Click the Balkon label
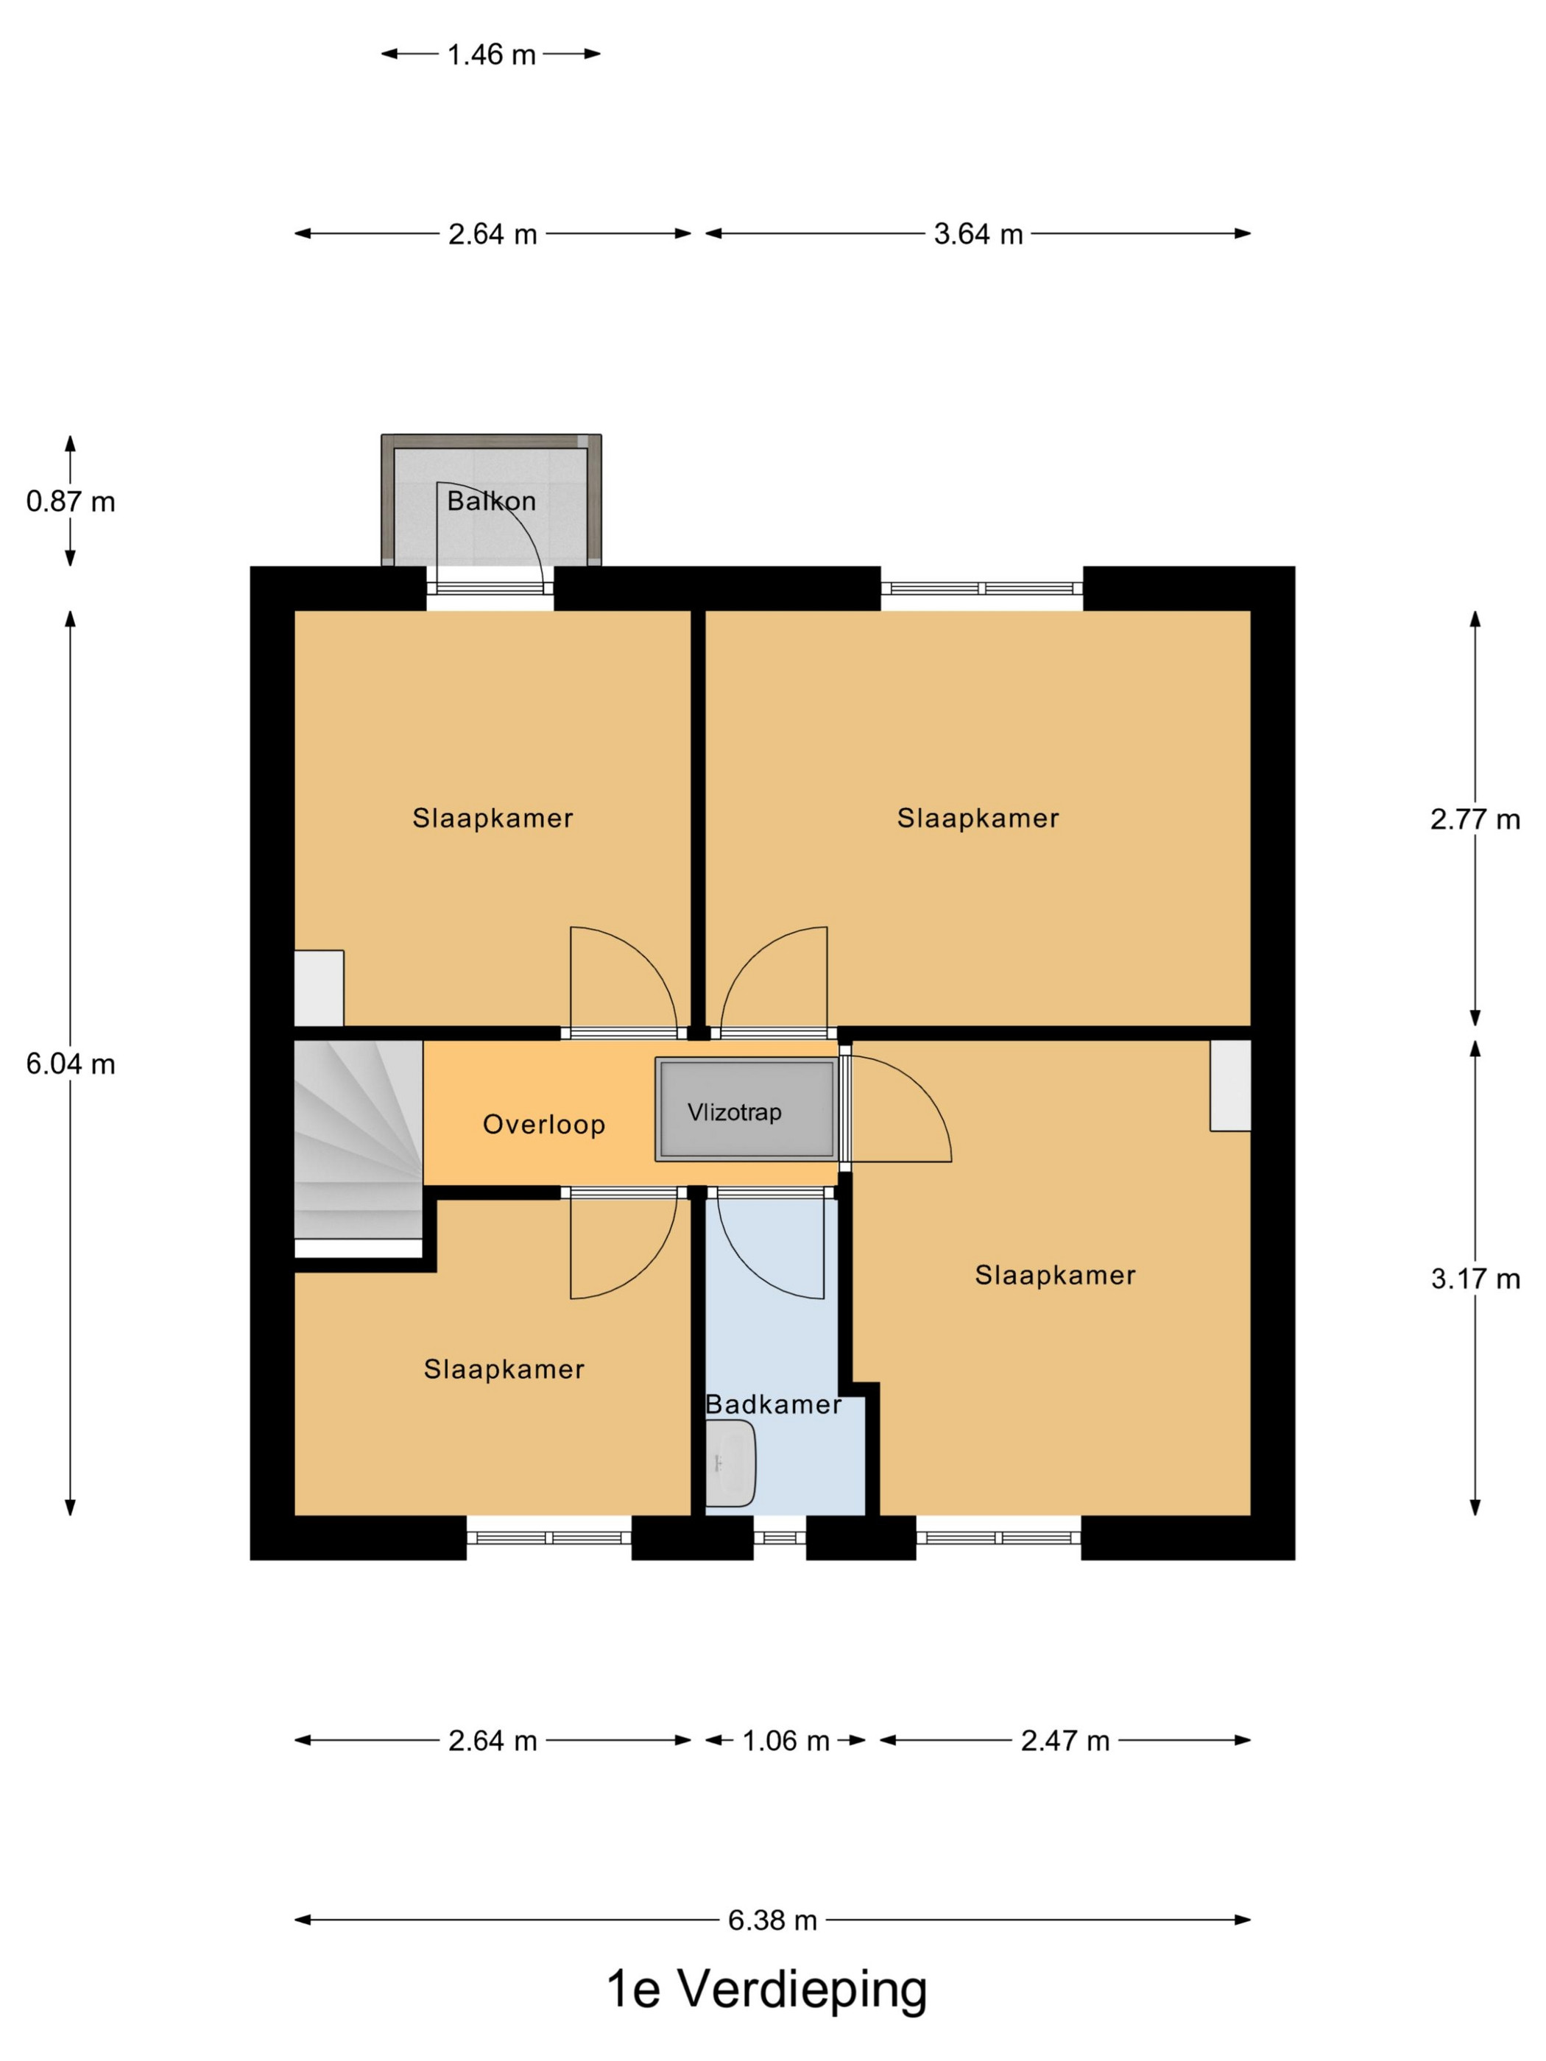coord(491,501)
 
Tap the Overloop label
coord(544,1125)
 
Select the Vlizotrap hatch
coord(744,1109)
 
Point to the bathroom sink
coord(730,1463)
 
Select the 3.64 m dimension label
coord(978,234)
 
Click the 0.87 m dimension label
coord(71,501)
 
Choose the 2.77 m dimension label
coord(1475,819)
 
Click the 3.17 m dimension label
coord(1475,1279)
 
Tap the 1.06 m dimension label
coord(786,1741)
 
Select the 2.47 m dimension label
coord(1065,1741)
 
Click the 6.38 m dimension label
coord(772,1920)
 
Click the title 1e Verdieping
coord(767,1990)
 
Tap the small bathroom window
coord(779,1538)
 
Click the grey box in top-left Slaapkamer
coord(319,988)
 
